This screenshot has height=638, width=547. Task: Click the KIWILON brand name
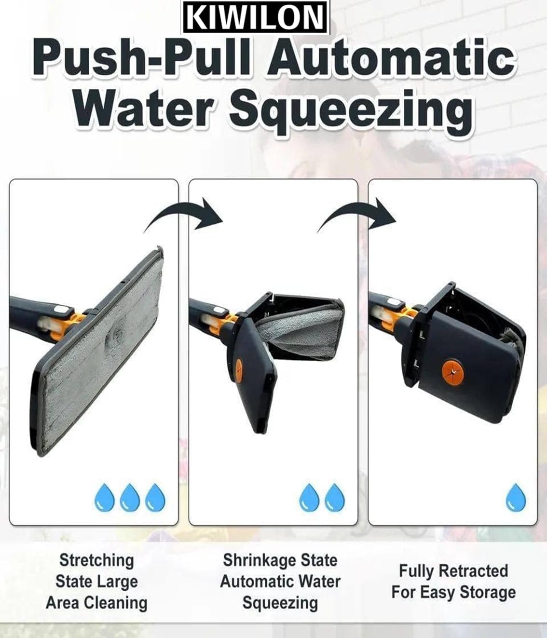[x=255, y=17]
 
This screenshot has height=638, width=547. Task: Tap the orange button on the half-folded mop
[x=239, y=369]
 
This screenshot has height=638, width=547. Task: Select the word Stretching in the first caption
[x=96, y=560]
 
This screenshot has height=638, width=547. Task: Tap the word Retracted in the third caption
[x=474, y=570]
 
